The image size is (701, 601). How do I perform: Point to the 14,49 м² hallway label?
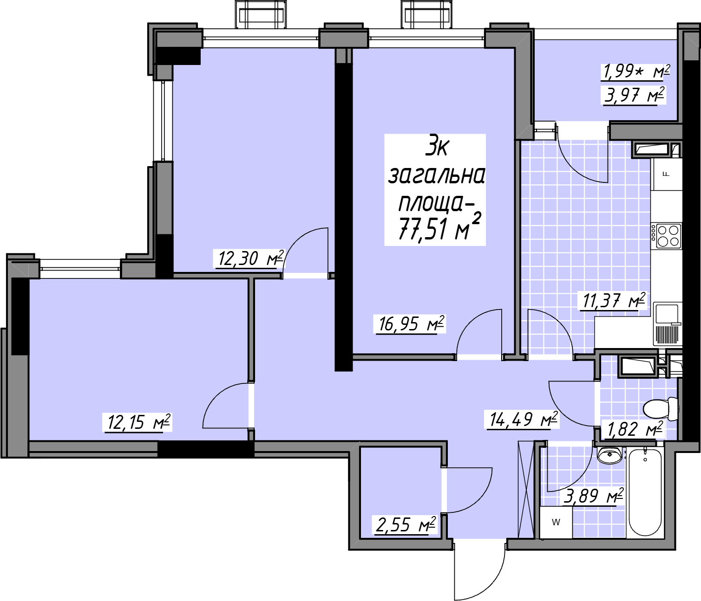pyautogui.click(x=523, y=420)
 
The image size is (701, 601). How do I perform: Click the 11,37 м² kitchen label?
pyautogui.click(x=612, y=300)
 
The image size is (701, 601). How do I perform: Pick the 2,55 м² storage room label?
pyautogui.click(x=405, y=525)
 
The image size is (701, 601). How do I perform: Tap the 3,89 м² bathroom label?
pyautogui.click(x=594, y=496)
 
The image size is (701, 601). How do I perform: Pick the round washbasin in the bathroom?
pyautogui.click(x=610, y=455)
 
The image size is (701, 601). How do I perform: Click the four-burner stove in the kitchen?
pyautogui.click(x=666, y=236)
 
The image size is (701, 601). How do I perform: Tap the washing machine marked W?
pyautogui.click(x=556, y=522)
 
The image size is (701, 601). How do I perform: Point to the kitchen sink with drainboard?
pyautogui.click(x=668, y=323)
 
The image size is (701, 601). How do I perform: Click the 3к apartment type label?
pyautogui.click(x=438, y=149)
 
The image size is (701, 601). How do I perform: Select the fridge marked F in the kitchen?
pyautogui.click(x=666, y=174)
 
